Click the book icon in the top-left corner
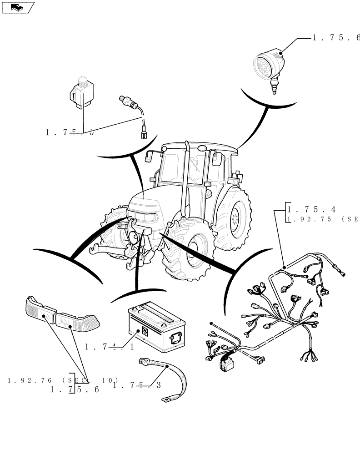pos(18,7)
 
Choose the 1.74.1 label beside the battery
pos(109,347)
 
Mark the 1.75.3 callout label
pos(137,385)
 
